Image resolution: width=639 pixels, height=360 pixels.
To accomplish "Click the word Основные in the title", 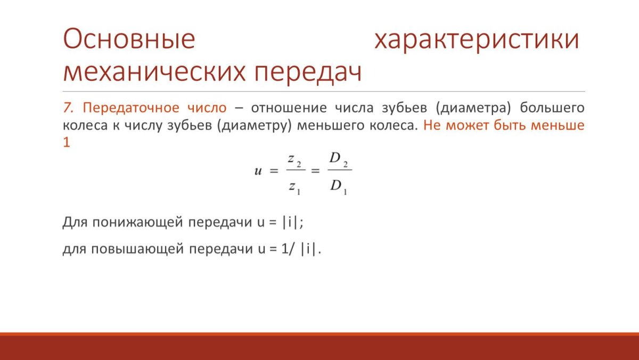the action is (x=129, y=39).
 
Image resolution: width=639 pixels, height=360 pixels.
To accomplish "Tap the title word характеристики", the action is (x=477, y=40).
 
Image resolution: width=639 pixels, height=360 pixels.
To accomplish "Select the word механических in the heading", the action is (x=154, y=72).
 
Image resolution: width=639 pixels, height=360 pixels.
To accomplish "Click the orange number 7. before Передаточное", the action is (x=68, y=108).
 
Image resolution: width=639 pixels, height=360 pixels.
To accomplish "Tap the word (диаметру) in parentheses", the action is (x=255, y=126).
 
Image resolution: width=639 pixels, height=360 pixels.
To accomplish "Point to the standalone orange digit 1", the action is (x=67, y=142).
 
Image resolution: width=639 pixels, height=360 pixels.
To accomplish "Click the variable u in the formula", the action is (x=258, y=171).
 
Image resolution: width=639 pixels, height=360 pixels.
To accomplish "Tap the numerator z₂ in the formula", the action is (x=294, y=160).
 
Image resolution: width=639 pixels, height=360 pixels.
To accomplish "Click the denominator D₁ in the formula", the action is (x=339, y=187).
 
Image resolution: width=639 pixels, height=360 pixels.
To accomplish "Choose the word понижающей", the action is (x=137, y=223).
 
